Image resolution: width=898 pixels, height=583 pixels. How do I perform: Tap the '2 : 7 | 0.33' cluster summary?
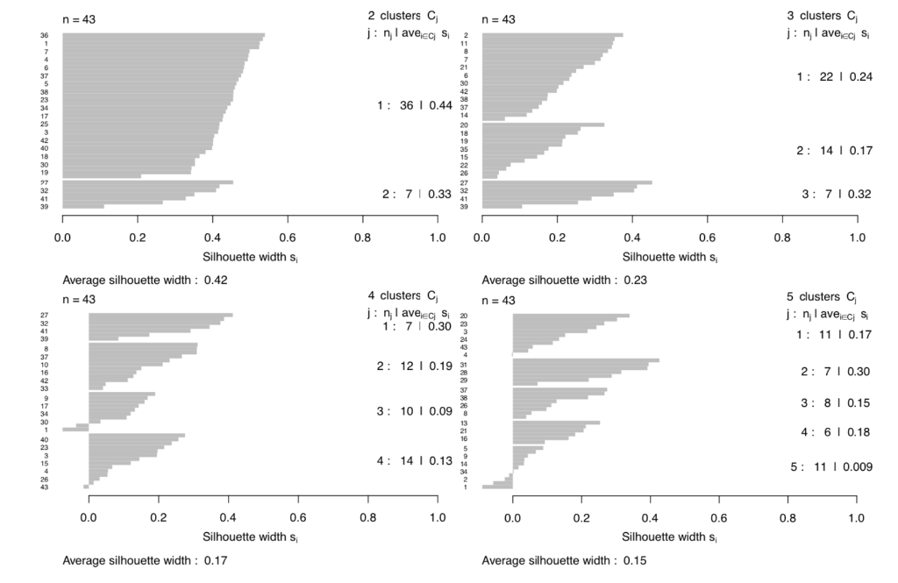pyautogui.click(x=416, y=194)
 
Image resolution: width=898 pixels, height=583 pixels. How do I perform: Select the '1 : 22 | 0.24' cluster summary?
pyautogui.click(x=833, y=76)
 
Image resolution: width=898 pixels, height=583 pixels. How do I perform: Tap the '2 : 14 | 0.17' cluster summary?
pyautogui.click(x=833, y=151)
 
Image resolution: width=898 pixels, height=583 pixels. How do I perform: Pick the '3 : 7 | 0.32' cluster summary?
pyautogui.click(x=833, y=194)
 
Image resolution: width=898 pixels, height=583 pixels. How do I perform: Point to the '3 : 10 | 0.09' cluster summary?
pyautogui.click(x=413, y=411)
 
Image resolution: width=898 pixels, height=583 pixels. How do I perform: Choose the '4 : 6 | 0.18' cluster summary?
pyautogui.click(x=833, y=431)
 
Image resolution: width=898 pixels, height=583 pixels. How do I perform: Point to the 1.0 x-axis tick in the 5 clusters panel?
pyautogui.click(x=857, y=516)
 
